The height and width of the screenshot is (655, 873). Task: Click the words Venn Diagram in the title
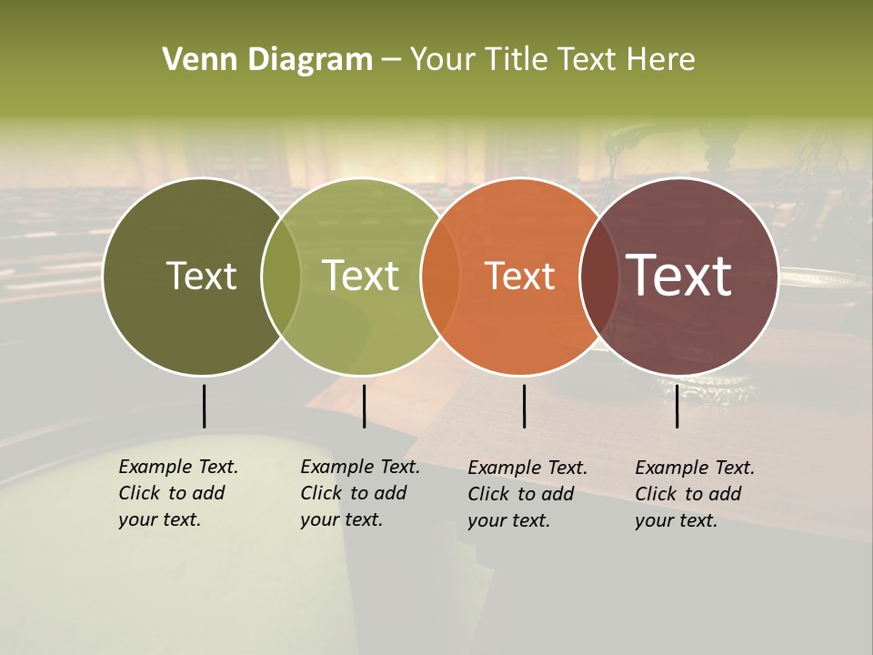pyautogui.click(x=267, y=60)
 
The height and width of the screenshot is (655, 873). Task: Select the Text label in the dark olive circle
pyautogui.click(x=201, y=277)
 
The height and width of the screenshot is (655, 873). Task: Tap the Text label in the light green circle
pyautogui.click(x=361, y=277)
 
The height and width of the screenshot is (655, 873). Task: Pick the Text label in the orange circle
pyautogui.click(x=520, y=277)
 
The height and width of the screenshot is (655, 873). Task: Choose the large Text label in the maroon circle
pyautogui.click(x=679, y=276)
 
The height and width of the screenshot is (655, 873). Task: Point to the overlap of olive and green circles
pyautogui.click(x=281, y=277)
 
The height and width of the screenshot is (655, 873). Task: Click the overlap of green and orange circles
pyautogui.click(x=440, y=277)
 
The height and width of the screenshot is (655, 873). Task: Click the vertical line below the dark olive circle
pyautogui.click(x=205, y=406)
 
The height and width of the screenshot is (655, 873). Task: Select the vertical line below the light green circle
pyautogui.click(x=364, y=406)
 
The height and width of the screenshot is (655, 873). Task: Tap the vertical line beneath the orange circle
pyautogui.click(x=524, y=406)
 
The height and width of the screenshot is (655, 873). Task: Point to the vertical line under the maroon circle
pyautogui.click(x=677, y=406)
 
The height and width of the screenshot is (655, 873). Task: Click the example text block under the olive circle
pyautogui.click(x=177, y=493)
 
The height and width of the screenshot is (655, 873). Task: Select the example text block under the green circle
pyautogui.click(x=359, y=493)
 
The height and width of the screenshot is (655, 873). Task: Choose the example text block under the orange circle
pyautogui.click(x=527, y=493)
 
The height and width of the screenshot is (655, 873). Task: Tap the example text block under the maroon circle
pyautogui.click(x=694, y=493)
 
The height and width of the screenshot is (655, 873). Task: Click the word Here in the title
pyautogui.click(x=661, y=60)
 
